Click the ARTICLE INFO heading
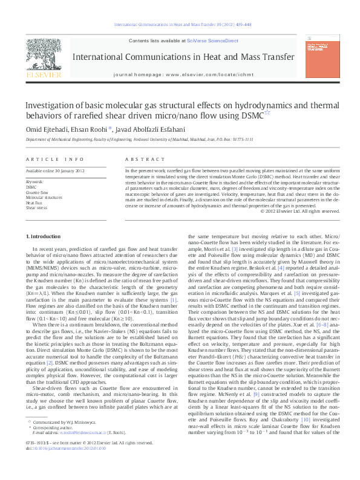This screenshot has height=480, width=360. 55,159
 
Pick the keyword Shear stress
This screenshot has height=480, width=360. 36,207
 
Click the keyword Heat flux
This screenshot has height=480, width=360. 34,203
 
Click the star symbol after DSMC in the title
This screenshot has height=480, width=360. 267,113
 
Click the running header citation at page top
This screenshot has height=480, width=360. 180,25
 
